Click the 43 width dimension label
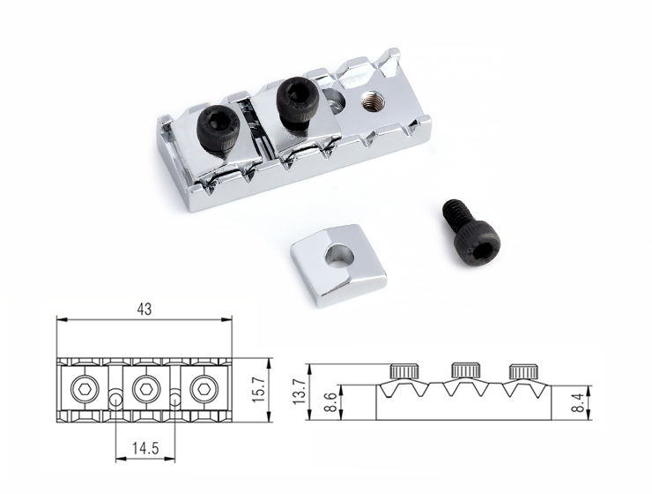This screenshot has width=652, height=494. (x=144, y=310)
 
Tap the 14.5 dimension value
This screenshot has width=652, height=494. (x=145, y=448)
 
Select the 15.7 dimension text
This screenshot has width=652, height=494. (x=259, y=389)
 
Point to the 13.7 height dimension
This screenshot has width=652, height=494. (x=299, y=391)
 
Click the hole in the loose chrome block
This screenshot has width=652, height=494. (x=339, y=255)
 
